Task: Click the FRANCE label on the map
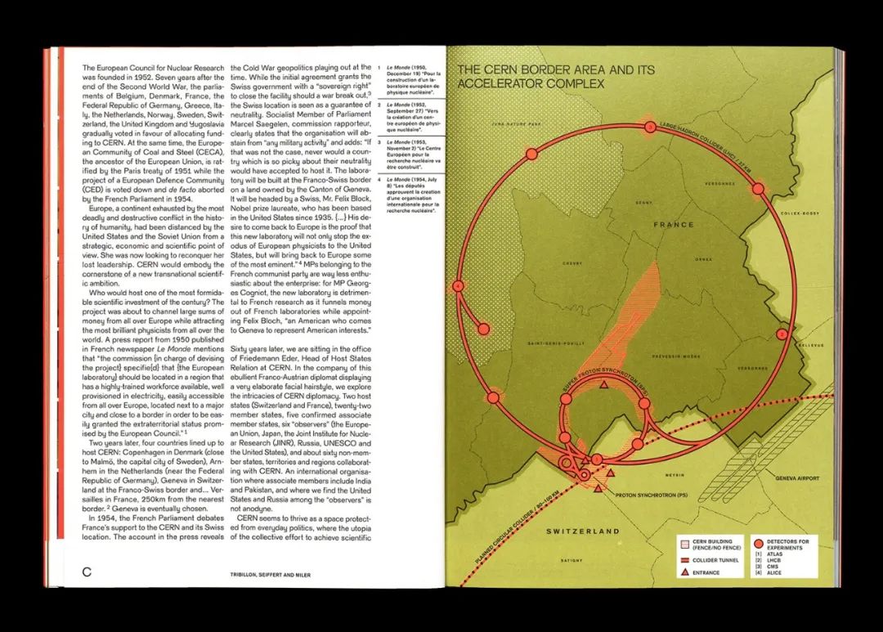pyautogui.click(x=673, y=224)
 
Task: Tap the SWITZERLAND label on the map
pyautogui.click(x=583, y=531)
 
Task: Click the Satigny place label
pyautogui.click(x=571, y=560)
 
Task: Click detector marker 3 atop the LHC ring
pyautogui.click(x=649, y=127)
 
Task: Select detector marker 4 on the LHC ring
pyautogui.click(x=458, y=285)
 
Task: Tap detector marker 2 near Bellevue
pyautogui.click(x=782, y=334)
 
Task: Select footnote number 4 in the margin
pyautogui.click(x=383, y=177)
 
